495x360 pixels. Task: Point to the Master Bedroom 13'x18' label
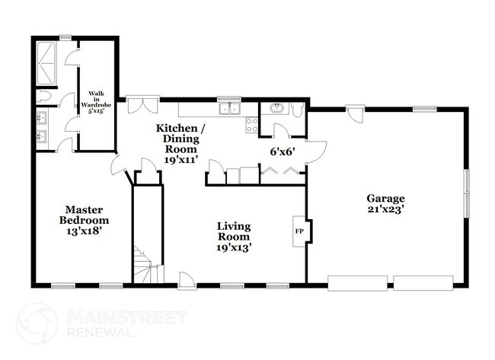(x=84, y=220)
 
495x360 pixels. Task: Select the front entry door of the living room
(x=186, y=279)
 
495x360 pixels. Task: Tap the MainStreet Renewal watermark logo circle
(x=37, y=323)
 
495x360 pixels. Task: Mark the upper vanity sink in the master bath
(x=41, y=118)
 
